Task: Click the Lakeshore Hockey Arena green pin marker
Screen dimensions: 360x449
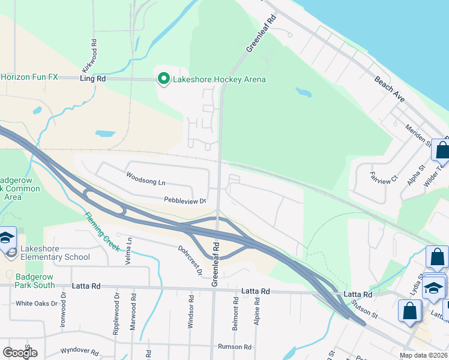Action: (x=163, y=79)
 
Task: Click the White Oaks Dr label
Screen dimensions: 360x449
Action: (x=36, y=304)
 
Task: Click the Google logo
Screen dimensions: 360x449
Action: (x=20, y=353)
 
